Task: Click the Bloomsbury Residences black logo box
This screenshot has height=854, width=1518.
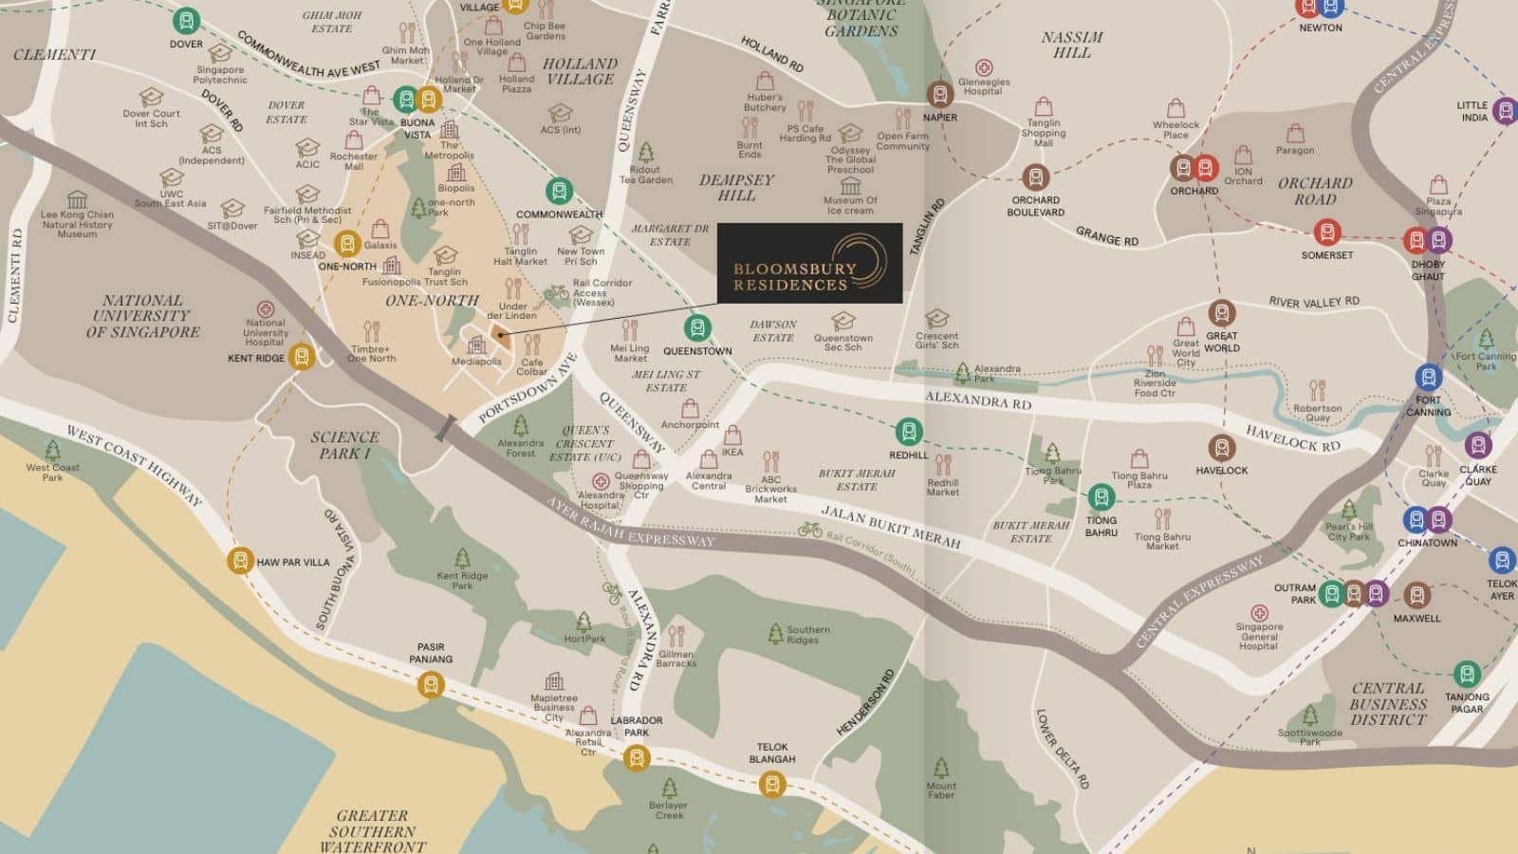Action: [809, 264]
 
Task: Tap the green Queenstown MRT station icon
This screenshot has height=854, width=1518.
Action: [697, 328]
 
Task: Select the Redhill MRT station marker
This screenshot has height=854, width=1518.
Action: [909, 432]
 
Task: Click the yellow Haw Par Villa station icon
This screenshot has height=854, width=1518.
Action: [240, 561]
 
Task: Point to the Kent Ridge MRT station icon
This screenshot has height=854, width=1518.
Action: [302, 357]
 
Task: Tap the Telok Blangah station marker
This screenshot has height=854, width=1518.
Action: [772, 784]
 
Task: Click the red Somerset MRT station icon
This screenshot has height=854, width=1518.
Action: [1326, 232]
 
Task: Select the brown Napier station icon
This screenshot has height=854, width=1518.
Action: [939, 94]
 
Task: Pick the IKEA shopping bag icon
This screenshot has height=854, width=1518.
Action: [732, 436]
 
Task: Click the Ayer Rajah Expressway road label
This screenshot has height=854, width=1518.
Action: [630, 522]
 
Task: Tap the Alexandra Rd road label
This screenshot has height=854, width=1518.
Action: [978, 399]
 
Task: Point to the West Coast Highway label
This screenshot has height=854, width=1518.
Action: [133, 464]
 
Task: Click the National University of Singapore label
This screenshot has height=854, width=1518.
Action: [142, 316]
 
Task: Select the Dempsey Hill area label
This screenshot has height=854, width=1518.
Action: [736, 187]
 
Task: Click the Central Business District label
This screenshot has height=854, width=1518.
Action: [1388, 703]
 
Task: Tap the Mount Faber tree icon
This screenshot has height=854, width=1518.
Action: [940, 767]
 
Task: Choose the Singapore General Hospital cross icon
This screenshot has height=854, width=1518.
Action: [1259, 613]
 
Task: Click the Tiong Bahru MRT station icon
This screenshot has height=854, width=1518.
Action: [1101, 496]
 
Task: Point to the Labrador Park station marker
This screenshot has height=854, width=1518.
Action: [637, 757]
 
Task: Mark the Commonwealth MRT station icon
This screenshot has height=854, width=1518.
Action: [559, 191]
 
